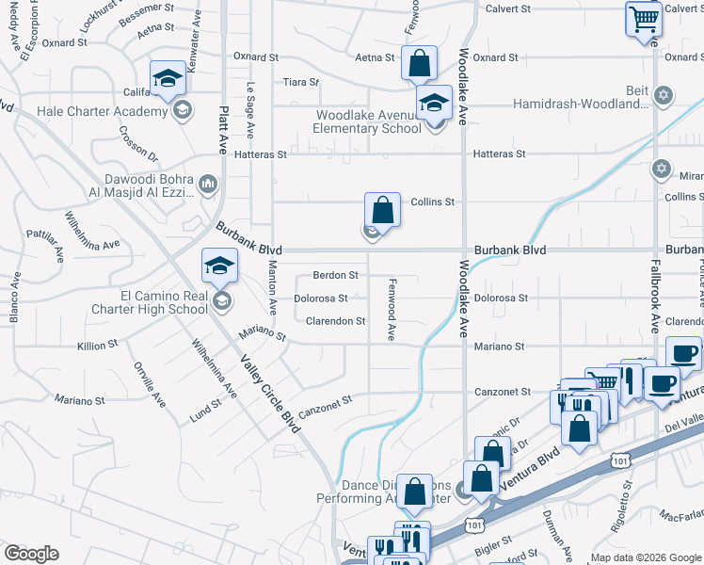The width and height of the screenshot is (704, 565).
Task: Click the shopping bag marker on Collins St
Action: click(x=382, y=209)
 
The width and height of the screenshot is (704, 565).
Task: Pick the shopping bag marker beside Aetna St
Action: click(x=420, y=62)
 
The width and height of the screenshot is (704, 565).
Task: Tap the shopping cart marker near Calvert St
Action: click(x=644, y=18)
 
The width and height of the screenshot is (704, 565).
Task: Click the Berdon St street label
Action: click(x=336, y=276)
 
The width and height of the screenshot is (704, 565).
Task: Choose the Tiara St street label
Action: click(x=301, y=82)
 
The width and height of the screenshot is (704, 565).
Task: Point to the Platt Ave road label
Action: click(x=224, y=130)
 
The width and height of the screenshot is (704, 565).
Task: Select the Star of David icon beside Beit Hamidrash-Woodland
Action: click(x=664, y=95)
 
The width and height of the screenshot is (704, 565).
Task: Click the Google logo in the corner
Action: click(x=31, y=554)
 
